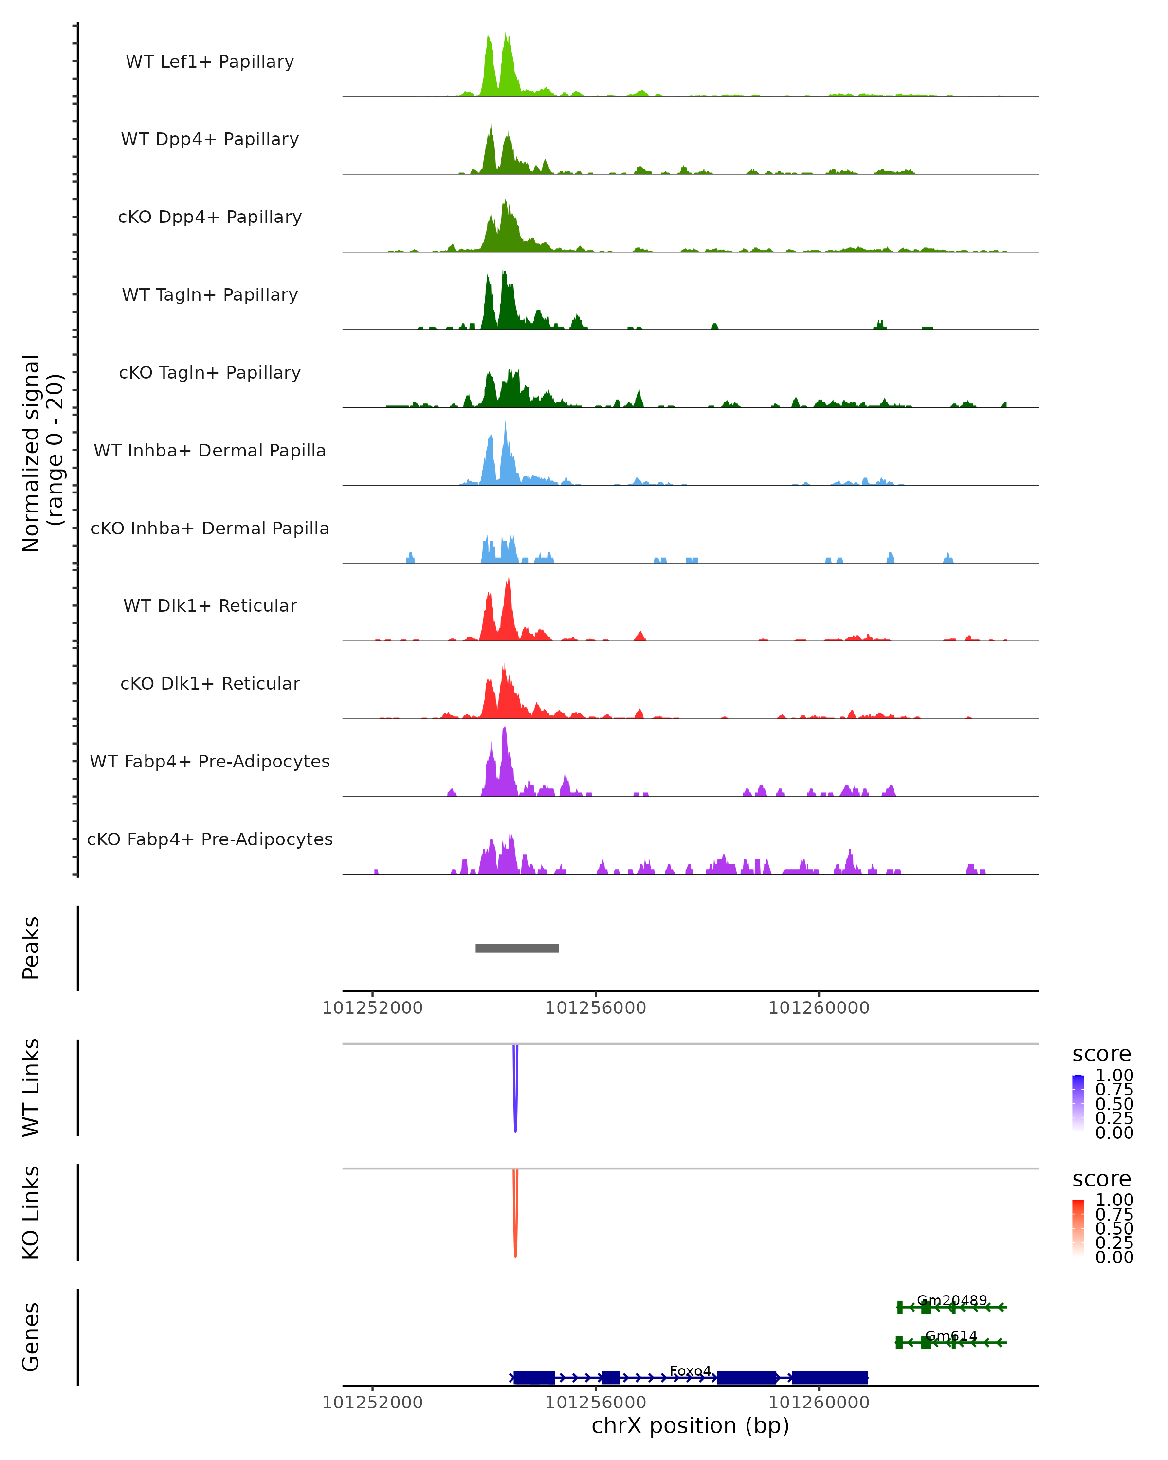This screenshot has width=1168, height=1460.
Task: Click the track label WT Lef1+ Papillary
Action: click(210, 62)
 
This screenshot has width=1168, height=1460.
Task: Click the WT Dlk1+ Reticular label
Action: click(210, 605)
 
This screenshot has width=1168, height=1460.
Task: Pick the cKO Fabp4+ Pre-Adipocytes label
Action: click(210, 839)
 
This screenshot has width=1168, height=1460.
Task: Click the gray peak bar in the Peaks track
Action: click(517, 948)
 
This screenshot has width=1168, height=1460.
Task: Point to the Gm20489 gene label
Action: click(952, 1300)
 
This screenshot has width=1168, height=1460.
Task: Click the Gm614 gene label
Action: click(951, 1335)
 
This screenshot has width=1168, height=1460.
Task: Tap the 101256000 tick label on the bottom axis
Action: click(596, 1403)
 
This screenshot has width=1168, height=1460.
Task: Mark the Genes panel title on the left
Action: click(31, 1337)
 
